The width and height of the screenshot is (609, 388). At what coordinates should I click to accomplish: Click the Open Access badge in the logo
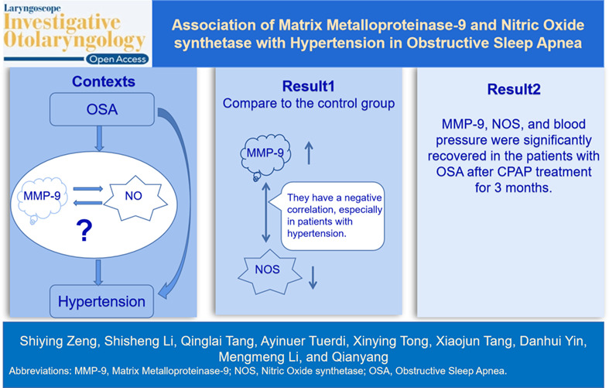[118, 59]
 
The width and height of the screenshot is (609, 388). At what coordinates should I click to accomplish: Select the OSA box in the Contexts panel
[102, 109]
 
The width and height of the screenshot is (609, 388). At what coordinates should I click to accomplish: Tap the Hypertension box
[102, 301]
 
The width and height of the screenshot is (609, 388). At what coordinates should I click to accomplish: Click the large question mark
[84, 231]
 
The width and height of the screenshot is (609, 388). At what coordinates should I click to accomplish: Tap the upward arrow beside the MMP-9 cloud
[309, 153]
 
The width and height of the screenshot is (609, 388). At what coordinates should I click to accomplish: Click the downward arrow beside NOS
[313, 277]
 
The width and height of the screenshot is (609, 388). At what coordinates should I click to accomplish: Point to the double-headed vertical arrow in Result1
[266, 212]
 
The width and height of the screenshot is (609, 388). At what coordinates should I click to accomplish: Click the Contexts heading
[104, 81]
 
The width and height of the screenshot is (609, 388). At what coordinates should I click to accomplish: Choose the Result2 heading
[514, 89]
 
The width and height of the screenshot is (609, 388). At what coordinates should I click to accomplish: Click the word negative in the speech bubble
[363, 197]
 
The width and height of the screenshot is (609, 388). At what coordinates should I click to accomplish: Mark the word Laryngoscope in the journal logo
[33, 9]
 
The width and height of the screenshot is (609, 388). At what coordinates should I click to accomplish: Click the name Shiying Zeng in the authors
[58, 341]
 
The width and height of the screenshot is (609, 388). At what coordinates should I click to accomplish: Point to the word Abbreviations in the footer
[39, 371]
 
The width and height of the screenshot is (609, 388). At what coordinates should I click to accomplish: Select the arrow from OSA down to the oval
[99, 139]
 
